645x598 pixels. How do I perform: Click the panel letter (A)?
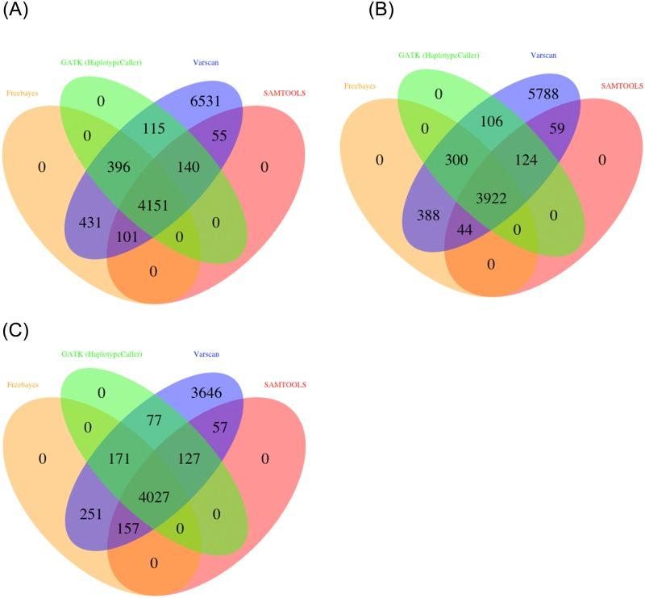tap(16, 13)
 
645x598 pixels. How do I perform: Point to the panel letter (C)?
tap(16, 330)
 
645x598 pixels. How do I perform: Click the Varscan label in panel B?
tap(544, 56)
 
